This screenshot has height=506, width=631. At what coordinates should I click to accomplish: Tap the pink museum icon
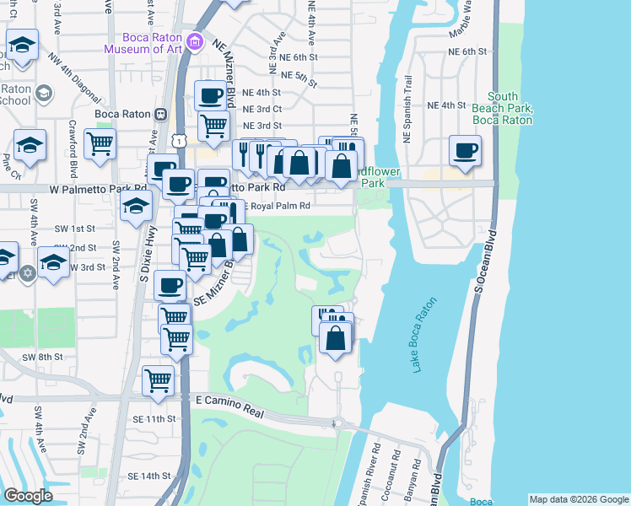pos(195,41)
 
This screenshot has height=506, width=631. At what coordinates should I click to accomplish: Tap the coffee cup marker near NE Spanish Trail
pos(465,152)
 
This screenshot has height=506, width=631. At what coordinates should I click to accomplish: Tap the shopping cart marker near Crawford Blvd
pos(100,145)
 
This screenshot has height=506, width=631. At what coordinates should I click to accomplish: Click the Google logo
pos(27,496)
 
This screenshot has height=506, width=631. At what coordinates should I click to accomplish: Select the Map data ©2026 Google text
pos(579,499)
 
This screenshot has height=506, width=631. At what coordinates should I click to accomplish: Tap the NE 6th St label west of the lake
pos(297,57)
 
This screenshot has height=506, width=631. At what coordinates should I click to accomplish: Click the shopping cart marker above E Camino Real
pos(158,380)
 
